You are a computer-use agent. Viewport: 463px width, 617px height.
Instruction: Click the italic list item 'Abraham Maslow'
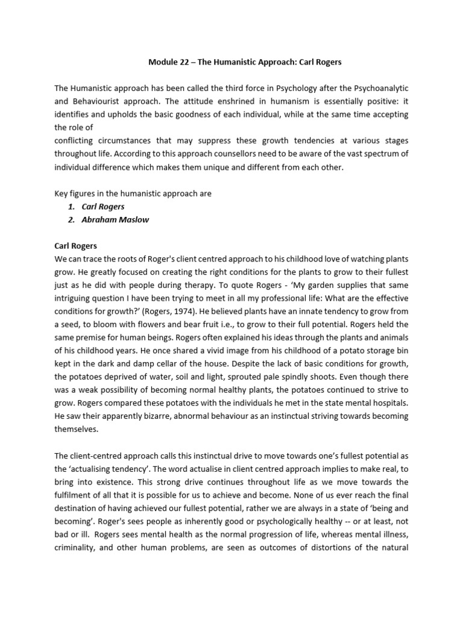115,220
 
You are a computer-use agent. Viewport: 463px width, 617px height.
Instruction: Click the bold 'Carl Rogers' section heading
76,246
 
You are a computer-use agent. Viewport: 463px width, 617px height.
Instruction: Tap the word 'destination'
77,509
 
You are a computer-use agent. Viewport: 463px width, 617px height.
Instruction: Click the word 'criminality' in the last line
75,549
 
